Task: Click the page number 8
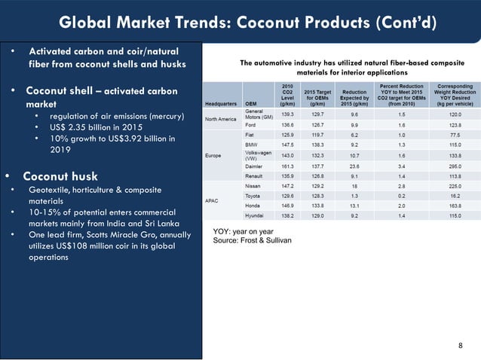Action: (461, 345)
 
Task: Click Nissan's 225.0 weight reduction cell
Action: (449, 184)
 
